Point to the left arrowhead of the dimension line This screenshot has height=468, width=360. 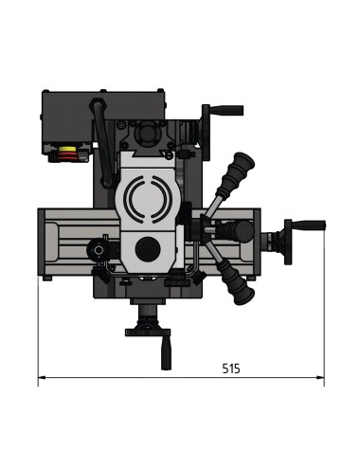click(x=41, y=380)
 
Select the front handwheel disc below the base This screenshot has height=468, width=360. click(x=147, y=329)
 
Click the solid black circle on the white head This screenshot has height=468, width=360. click(x=146, y=248)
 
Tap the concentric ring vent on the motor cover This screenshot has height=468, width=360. click(x=146, y=199)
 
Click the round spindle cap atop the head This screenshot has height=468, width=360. click(x=148, y=137)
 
